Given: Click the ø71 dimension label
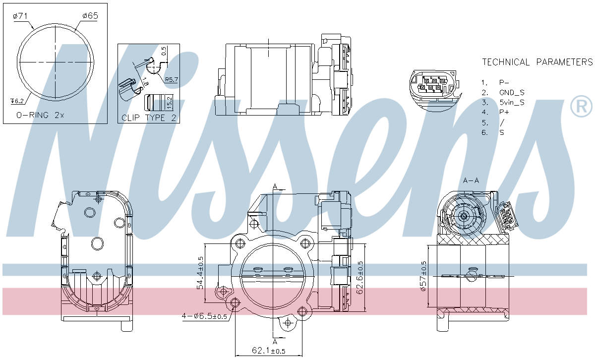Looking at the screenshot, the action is [20, 16].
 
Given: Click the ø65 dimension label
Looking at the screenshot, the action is [90, 16].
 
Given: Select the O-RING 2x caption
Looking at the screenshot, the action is [40, 115].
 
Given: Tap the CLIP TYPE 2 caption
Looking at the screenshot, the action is [149, 118].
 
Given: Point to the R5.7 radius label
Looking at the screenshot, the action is [172, 79].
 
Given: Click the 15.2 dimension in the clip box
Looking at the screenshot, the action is [169, 103].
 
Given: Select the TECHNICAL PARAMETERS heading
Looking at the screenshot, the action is [537, 62].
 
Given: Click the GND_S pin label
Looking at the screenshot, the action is [512, 92].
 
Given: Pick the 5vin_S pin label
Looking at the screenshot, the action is [512, 102].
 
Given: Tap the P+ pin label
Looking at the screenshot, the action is [504, 112].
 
